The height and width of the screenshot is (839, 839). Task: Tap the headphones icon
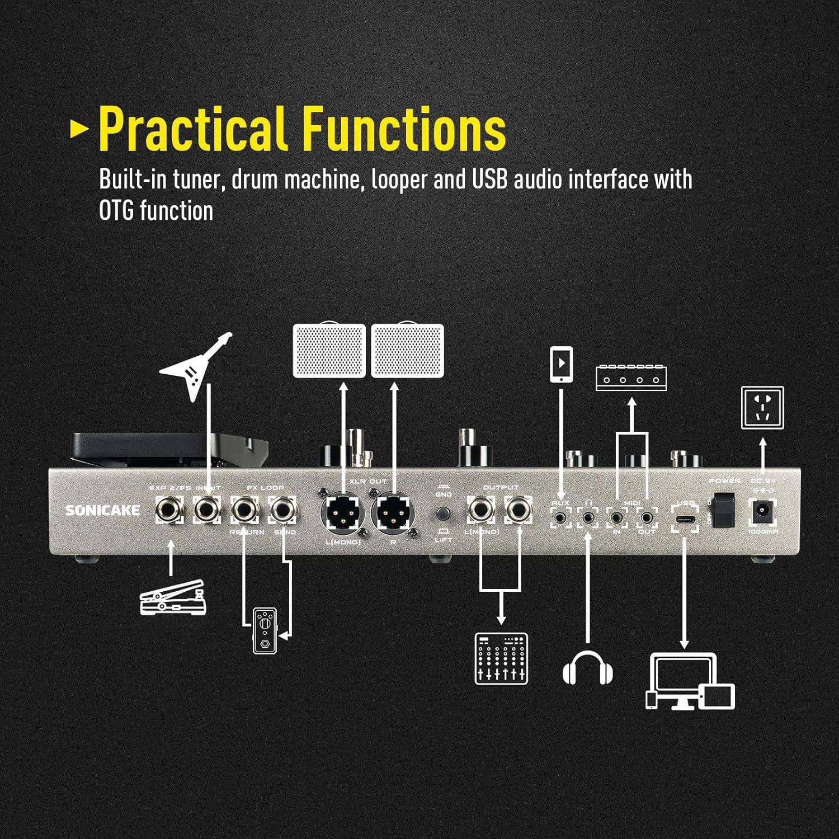point(587,667)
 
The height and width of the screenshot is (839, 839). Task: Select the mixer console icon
point(501,658)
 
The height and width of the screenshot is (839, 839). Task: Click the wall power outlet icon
point(762,408)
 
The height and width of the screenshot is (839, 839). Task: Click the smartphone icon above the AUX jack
point(561,364)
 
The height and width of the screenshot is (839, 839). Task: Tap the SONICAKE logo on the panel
point(103,510)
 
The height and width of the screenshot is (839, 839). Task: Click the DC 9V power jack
point(761,511)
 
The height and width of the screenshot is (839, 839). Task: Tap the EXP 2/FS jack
point(169,510)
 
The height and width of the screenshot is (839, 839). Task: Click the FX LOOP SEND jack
point(284,510)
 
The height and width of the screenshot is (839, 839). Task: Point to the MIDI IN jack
point(616,517)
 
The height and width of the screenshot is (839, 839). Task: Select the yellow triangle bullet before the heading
point(79,129)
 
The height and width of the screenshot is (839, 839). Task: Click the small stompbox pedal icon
point(265,630)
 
